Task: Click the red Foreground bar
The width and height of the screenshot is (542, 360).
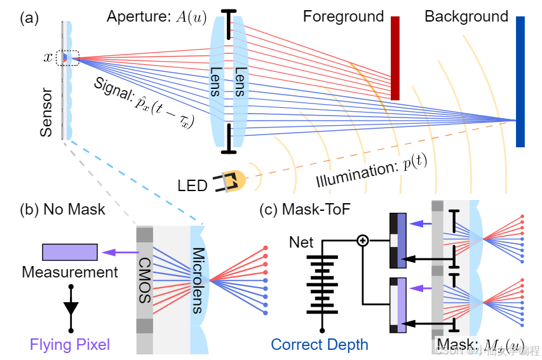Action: tap(395, 58)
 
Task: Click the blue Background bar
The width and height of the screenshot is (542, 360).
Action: tap(520, 81)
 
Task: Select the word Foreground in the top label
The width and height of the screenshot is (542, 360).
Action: tap(343, 17)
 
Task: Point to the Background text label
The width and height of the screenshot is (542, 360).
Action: tap(466, 17)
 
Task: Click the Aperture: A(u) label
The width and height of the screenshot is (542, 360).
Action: tap(156, 18)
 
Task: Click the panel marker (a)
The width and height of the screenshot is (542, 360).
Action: tap(29, 18)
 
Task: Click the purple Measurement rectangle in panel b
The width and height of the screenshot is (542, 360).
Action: tap(70, 252)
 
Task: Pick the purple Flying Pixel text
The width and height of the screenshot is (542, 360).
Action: tap(70, 345)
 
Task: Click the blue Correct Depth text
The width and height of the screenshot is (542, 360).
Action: tap(319, 345)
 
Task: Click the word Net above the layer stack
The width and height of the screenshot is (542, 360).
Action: tap(301, 242)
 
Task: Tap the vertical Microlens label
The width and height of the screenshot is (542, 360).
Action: tap(199, 279)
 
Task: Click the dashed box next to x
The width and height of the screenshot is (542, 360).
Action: tap(67, 58)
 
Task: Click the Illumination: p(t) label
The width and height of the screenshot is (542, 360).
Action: tap(372, 172)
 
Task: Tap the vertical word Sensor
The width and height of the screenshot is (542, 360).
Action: tap(46, 114)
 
